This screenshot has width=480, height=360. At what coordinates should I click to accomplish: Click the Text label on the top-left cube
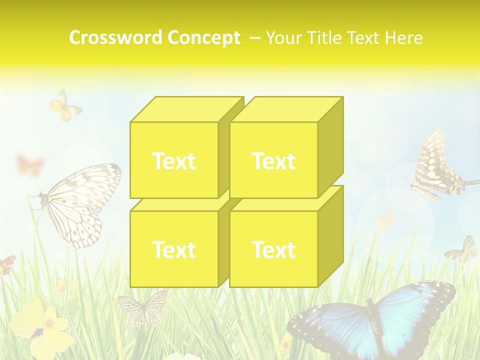[173, 161]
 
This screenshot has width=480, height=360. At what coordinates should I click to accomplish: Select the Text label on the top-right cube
[273, 161]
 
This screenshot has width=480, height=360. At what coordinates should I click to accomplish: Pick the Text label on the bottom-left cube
[173, 249]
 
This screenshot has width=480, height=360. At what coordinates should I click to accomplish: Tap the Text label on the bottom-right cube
[273, 249]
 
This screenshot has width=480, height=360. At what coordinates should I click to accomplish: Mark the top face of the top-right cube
[286, 109]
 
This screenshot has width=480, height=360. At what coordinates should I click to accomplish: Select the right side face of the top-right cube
[330, 147]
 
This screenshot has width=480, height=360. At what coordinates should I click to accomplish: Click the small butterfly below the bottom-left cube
[143, 306]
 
